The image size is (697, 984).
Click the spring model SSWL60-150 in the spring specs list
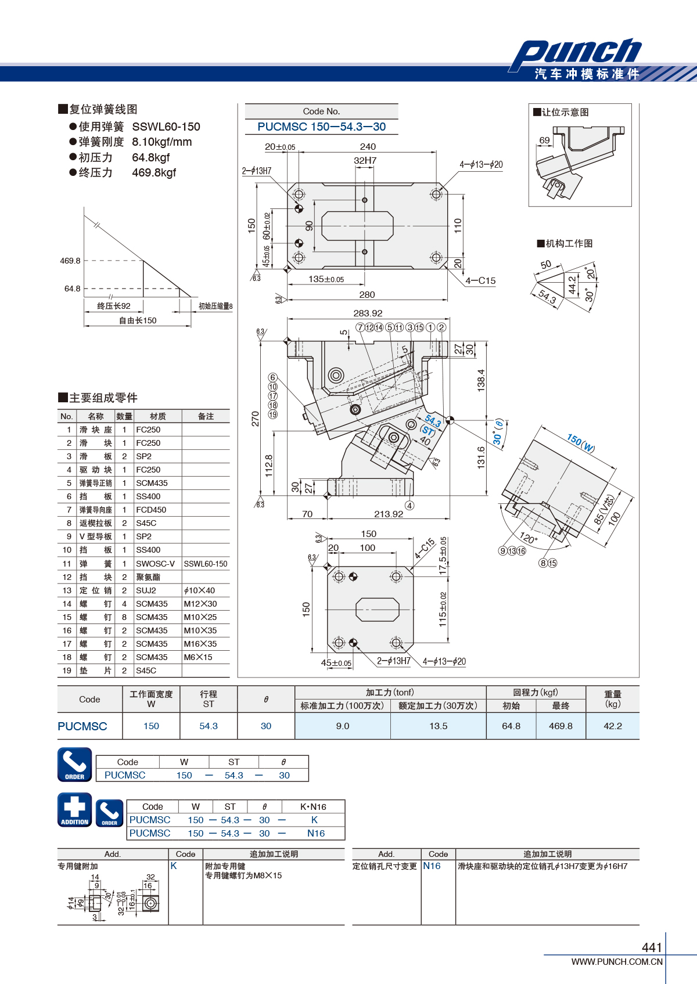coord(166,127)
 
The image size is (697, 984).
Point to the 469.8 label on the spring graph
coord(70,261)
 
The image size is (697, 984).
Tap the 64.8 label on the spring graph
coord(72,289)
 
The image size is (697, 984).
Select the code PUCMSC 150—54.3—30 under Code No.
coord(321,127)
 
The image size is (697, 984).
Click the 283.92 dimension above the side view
coord(368,313)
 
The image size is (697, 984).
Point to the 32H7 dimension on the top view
coord(365,160)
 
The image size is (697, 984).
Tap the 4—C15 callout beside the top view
coord(480,281)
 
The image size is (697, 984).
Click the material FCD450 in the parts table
coord(152,510)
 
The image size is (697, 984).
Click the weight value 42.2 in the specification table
coord(613,726)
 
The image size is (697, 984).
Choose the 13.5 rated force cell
coord(438,726)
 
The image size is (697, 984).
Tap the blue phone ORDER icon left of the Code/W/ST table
coord(75,765)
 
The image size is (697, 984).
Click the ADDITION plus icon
coord(75,810)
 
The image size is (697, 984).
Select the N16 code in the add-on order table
coord(316,833)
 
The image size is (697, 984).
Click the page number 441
coord(652,947)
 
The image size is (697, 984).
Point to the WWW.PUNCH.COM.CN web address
coord(617,961)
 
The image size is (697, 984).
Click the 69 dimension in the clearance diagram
coord(544,140)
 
